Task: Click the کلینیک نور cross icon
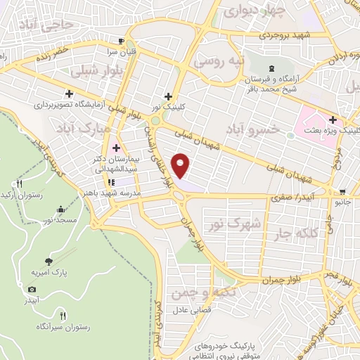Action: (x=167, y=96)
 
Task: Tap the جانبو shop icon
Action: (x=342, y=191)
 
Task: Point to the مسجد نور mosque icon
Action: (x=60, y=208)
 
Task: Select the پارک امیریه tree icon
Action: (x=48, y=260)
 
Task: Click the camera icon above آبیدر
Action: (x=32, y=289)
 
